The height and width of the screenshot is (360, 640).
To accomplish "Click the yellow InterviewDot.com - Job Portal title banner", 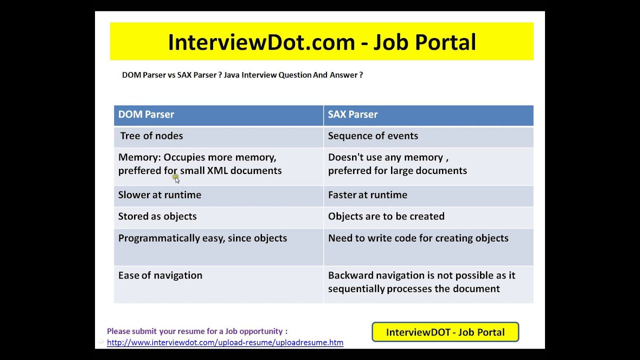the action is click(x=321, y=41).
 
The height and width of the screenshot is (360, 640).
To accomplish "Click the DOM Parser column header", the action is click(x=218, y=115).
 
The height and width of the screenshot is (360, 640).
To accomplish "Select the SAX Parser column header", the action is click(x=428, y=115).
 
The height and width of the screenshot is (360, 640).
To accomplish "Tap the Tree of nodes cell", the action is click(x=218, y=137).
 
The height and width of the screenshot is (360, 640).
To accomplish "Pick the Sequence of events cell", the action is click(x=428, y=137).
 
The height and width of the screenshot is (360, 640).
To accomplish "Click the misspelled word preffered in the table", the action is click(x=139, y=171).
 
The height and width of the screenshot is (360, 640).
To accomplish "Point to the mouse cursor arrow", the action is click(x=177, y=179).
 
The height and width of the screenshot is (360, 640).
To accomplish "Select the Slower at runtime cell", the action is click(x=218, y=196).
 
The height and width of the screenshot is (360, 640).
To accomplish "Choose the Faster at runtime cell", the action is click(x=428, y=196).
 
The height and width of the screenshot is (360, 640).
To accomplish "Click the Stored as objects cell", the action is click(x=218, y=217).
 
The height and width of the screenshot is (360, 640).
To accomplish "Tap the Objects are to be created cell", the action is click(x=428, y=217).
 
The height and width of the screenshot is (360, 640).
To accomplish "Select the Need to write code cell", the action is click(x=428, y=247).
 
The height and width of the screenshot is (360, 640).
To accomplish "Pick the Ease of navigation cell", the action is click(x=218, y=284).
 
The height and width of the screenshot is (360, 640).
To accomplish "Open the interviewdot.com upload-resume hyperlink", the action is click(x=225, y=342).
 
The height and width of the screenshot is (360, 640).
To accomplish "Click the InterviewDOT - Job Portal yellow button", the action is click(x=445, y=332).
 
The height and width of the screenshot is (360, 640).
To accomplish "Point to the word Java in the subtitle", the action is click(x=231, y=75).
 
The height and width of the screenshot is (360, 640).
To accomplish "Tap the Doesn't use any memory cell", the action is click(x=428, y=166).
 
